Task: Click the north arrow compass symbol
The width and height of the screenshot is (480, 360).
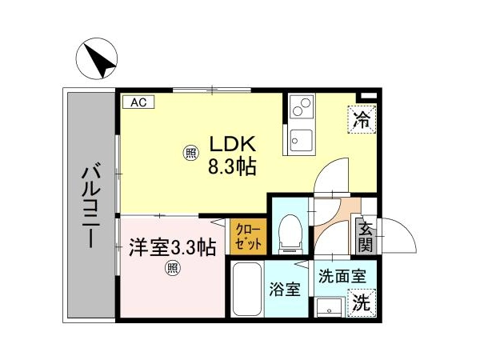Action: (x=97, y=58)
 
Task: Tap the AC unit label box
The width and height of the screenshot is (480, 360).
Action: (x=138, y=102)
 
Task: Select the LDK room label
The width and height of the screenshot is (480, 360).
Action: (x=232, y=144)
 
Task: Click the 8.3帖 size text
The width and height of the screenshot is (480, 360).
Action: (x=232, y=167)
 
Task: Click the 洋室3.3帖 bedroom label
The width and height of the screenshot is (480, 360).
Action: (x=172, y=247)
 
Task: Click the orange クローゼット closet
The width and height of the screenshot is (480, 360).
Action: (x=248, y=236)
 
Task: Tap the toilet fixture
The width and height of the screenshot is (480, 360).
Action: (x=290, y=234)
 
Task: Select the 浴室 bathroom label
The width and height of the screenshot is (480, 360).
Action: (x=285, y=290)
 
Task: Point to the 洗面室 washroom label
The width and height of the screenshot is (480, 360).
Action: (x=342, y=277)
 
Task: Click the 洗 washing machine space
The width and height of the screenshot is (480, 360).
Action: (x=362, y=303)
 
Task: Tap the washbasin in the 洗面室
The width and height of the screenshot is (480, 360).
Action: (x=330, y=308)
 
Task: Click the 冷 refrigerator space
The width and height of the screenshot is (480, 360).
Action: (x=362, y=119)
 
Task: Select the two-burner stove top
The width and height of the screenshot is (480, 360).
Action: (x=302, y=106)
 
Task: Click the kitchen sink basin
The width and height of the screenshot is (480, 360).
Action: (x=302, y=141)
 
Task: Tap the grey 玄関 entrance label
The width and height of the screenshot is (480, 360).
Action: (x=366, y=236)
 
